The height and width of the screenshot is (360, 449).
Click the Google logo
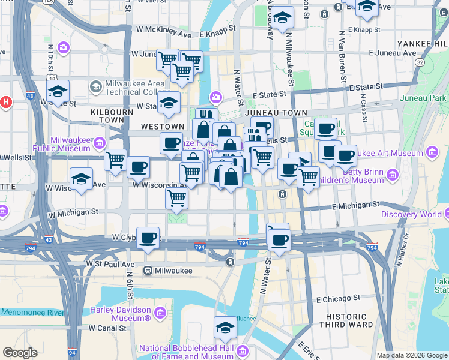20,353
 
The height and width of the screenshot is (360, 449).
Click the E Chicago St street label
338,298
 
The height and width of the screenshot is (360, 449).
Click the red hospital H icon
6,101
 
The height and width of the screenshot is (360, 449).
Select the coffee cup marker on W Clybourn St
148,238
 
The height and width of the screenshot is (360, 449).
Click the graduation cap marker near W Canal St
225,328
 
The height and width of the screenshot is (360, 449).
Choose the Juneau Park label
426,98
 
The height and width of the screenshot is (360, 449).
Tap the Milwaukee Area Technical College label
127,87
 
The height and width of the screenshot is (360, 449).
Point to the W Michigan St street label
73,212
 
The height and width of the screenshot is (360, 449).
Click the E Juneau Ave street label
393,53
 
